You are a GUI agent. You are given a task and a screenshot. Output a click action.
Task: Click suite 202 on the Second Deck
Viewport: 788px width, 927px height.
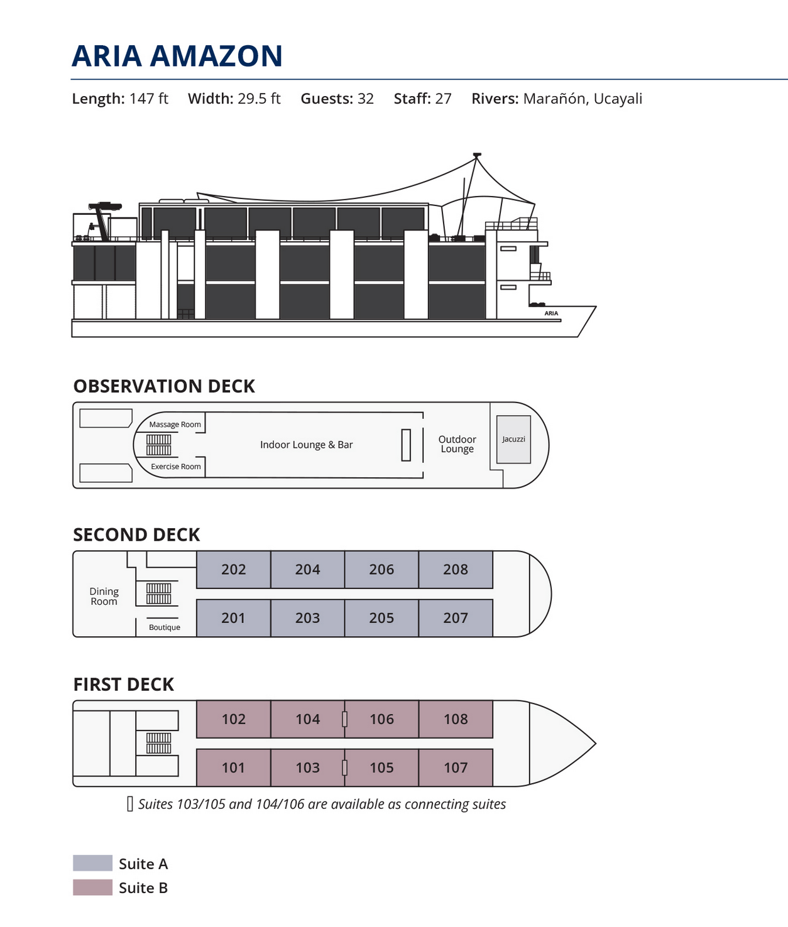234,570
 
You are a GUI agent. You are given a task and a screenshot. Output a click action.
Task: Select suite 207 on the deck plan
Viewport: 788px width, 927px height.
456,618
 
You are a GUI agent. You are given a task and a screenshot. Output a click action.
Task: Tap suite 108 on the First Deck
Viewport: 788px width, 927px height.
456,719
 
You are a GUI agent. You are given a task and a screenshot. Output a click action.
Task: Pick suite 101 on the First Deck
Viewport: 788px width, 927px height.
233,767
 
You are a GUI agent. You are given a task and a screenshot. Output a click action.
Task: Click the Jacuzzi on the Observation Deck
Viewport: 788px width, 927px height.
513,440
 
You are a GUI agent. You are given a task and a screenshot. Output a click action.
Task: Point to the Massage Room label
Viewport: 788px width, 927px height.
175,425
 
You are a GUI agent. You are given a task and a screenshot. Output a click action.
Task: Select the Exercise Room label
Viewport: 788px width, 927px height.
175,467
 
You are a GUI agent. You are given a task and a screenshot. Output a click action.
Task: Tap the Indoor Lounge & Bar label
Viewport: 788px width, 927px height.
306,445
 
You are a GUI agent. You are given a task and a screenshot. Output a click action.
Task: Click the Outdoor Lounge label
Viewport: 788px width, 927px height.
457,444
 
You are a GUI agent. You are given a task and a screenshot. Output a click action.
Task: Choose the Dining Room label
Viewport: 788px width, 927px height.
104,596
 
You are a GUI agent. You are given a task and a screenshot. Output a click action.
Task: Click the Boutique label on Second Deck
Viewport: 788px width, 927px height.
165,627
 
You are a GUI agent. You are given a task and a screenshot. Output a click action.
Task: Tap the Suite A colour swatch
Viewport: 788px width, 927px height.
92,863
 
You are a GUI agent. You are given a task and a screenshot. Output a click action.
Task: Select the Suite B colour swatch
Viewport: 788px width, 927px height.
92,887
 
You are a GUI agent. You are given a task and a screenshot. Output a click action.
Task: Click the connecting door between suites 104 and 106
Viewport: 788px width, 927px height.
344,719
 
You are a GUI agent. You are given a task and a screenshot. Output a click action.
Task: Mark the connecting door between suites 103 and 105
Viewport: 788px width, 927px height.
344,767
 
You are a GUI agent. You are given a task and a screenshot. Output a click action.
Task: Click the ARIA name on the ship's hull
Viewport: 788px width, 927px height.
551,313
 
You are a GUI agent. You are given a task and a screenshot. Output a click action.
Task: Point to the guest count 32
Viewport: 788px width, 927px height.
366,99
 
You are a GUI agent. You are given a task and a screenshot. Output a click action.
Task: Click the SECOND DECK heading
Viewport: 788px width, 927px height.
136,535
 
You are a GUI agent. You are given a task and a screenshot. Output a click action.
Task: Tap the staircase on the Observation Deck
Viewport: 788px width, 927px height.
158,445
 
